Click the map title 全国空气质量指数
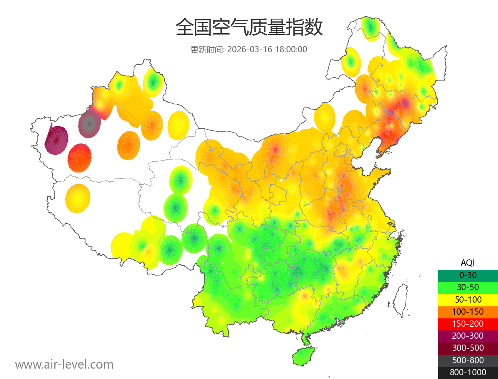click(249, 28)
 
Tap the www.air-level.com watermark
click(64, 364)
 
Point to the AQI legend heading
click(468, 263)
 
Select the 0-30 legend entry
click(468, 275)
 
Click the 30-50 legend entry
click(468, 287)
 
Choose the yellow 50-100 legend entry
click(468, 299)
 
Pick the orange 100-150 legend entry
click(468, 312)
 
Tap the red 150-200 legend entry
click(468, 324)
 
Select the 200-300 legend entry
click(468, 336)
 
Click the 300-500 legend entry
click(468, 348)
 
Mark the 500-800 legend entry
click(468, 360)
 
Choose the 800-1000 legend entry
click(468, 372)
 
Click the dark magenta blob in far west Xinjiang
click(56, 140)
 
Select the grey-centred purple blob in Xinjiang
click(89, 123)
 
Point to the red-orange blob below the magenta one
click(80, 157)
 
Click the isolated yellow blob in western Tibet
click(78, 198)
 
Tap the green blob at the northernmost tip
click(370, 28)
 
